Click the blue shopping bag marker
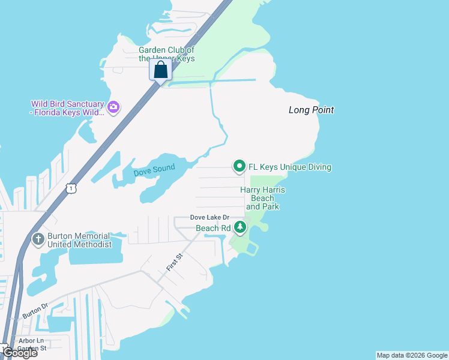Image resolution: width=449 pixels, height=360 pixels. tap(161, 70)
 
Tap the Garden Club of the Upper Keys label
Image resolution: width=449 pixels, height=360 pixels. tap(167, 54)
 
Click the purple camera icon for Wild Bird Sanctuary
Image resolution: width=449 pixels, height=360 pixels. tap(113, 108)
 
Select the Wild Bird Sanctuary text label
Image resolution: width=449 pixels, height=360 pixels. tap(67, 108)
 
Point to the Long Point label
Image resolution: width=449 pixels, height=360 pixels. tap(311, 110)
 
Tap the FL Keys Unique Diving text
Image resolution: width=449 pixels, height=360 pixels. tap(290, 167)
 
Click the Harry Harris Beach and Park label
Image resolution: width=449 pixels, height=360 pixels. tap(262, 198)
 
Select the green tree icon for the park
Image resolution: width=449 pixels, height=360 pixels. tap(240, 227)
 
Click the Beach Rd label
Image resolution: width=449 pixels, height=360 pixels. tap(213, 228)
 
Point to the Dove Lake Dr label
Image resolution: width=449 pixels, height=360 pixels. tap(209, 217)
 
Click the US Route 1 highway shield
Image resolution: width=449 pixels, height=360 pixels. tap(71, 188)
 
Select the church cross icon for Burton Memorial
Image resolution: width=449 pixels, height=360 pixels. tap(38, 239)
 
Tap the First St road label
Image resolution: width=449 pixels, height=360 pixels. tap(175, 261)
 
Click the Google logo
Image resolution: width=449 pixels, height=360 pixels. tap(20, 353)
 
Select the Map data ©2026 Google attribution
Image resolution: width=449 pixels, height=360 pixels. tap(412, 355)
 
